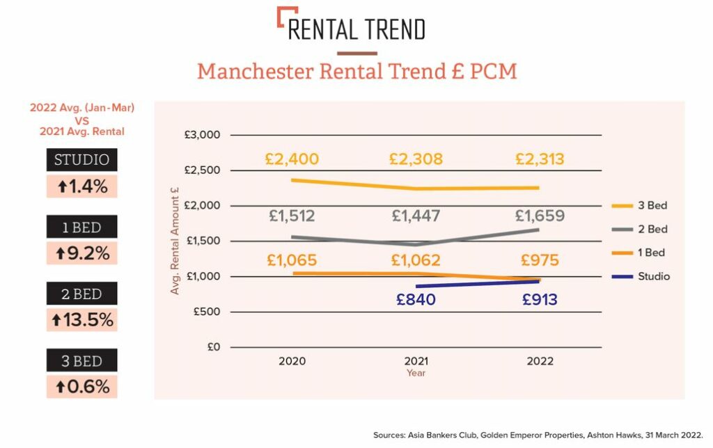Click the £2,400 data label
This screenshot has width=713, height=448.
tap(292, 159)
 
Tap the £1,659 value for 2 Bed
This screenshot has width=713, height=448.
tap(540, 216)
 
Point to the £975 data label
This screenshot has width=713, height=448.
tap(540, 261)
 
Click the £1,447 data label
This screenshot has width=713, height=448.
tap(416, 216)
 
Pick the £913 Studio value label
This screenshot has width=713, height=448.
tap(540, 300)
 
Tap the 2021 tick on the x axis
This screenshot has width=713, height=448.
tap(416, 361)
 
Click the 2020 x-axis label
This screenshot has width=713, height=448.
tap(292, 361)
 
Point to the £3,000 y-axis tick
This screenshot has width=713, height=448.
tap(203, 135)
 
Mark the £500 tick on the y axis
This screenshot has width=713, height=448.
tap(205, 312)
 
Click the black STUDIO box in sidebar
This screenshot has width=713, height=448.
tap(82, 160)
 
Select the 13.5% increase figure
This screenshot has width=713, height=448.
tap(82, 320)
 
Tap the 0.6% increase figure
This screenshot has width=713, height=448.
tap(82, 387)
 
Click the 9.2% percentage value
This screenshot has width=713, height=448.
tap(82, 253)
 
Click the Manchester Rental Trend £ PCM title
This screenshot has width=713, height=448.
tap(356, 72)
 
